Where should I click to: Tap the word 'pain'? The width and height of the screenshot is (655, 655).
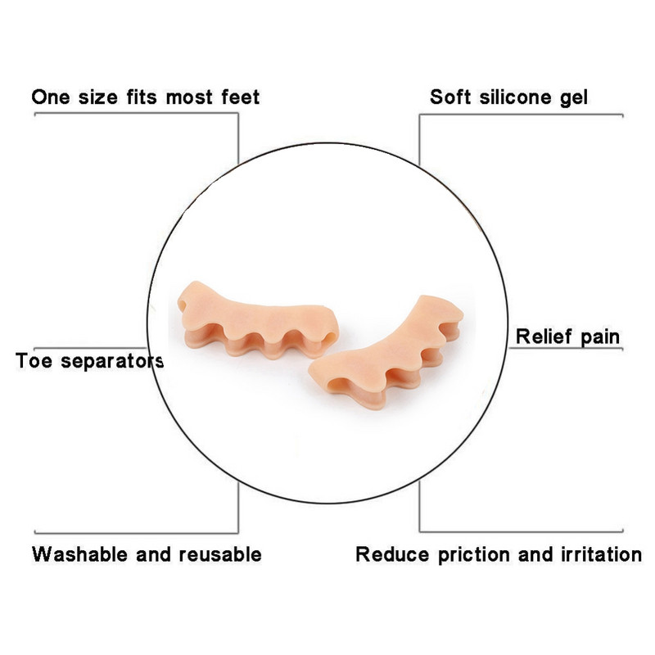[601, 337]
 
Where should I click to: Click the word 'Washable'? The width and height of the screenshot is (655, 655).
[79, 554]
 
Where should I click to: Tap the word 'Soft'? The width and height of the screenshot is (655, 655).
[449, 97]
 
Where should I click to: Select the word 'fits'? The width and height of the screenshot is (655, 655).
[142, 97]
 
